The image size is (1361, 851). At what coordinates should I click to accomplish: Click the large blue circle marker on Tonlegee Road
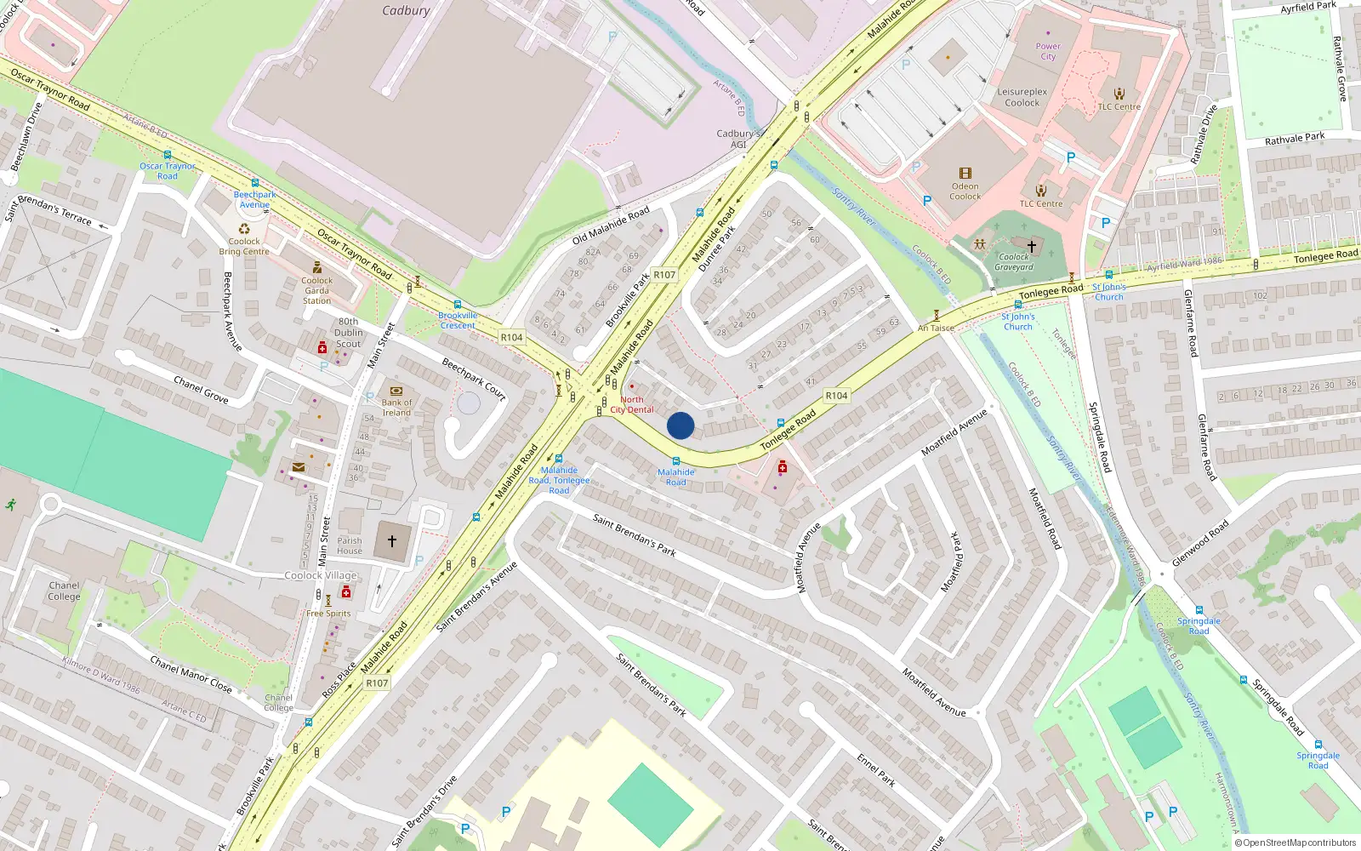[680, 425]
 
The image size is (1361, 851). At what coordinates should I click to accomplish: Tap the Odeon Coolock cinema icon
[965, 173]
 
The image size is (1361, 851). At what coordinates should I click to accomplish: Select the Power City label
[1048, 52]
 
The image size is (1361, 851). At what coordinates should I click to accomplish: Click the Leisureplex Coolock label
[1022, 97]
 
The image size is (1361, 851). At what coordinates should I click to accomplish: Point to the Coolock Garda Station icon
[317, 267]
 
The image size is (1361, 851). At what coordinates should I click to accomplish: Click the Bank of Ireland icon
[396, 391]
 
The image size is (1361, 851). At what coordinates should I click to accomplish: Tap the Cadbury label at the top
[406, 11]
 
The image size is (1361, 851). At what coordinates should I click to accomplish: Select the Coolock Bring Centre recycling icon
[244, 229]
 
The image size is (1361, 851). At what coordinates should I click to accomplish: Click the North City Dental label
[632, 404]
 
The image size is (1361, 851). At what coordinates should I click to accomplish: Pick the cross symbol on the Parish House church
[392, 540]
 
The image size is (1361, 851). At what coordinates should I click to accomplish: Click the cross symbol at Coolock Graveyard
[1032, 246]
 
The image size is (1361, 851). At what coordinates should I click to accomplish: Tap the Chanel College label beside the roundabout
[64, 591]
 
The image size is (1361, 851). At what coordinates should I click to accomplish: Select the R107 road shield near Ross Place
[377, 683]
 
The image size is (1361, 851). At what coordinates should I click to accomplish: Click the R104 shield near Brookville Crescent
[511, 337]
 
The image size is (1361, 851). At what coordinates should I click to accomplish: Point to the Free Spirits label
[328, 614]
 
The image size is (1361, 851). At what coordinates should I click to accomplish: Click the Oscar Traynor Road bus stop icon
[167, 156]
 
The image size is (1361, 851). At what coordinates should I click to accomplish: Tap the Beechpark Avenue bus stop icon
[254, 184]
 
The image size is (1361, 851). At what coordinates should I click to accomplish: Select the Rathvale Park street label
[1295, 138]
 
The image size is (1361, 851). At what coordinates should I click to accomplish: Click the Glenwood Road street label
[1200, 544]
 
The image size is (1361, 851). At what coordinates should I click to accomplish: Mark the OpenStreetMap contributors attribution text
[1296, 842]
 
